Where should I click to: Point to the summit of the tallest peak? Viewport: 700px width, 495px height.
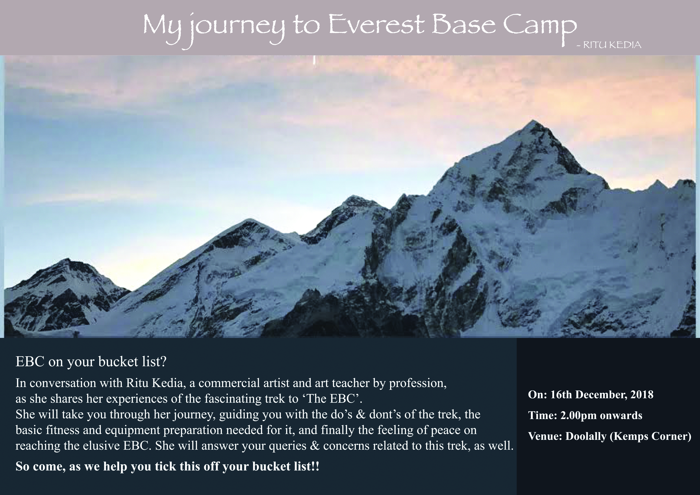point(533,121)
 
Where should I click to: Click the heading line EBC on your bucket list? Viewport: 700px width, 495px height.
point(91,362)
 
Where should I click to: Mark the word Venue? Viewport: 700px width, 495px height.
point(546,437)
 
